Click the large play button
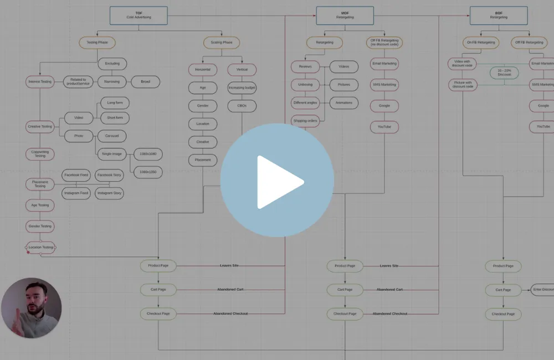tap(277, 181)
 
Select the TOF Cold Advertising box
tap(138, 16)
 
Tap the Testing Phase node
tap(97, 43)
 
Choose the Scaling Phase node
tap(222, 43)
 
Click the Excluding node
tap(112, 64)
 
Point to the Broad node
tap(145, 82)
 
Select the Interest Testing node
tap(40, 82)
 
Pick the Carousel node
tap(112, 136)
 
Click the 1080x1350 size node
tap(148, 172)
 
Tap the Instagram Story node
tap(109, 193)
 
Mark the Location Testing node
tap(41, 248)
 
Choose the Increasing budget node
tap(242, 88)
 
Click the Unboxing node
tap(305, 85)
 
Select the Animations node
tap(343, 103)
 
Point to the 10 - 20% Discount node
tap(504, 73)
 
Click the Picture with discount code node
tap(463, 85)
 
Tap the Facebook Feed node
tap(76, 175)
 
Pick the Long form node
tap(115, 103)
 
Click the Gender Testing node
tap(40, 227)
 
